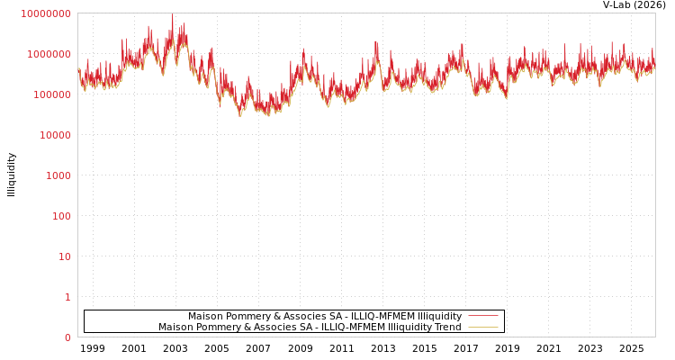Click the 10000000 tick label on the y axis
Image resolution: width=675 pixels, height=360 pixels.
[45, 13]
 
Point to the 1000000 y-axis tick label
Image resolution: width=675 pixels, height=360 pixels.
[48, 54]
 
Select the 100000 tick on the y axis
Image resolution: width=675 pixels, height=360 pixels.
[50, 94]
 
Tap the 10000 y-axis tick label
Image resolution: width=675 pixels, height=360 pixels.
[53, 135]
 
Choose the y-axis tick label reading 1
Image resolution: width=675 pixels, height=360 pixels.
[67, 297]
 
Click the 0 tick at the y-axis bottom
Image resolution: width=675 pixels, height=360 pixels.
[67, 337]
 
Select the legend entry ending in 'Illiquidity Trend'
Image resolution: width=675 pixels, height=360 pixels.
[310, 328]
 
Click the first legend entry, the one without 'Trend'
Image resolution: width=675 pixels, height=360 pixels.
[324, 317]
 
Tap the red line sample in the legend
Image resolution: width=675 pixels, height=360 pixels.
[482, 317]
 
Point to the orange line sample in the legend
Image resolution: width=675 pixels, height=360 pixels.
[482, 328]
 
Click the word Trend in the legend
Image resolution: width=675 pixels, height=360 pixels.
[447, 328]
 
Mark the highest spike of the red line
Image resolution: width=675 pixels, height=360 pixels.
[173, 15]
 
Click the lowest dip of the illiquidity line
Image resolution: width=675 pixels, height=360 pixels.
[240, 116]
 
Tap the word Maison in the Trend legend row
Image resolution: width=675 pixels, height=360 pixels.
[175, 328]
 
